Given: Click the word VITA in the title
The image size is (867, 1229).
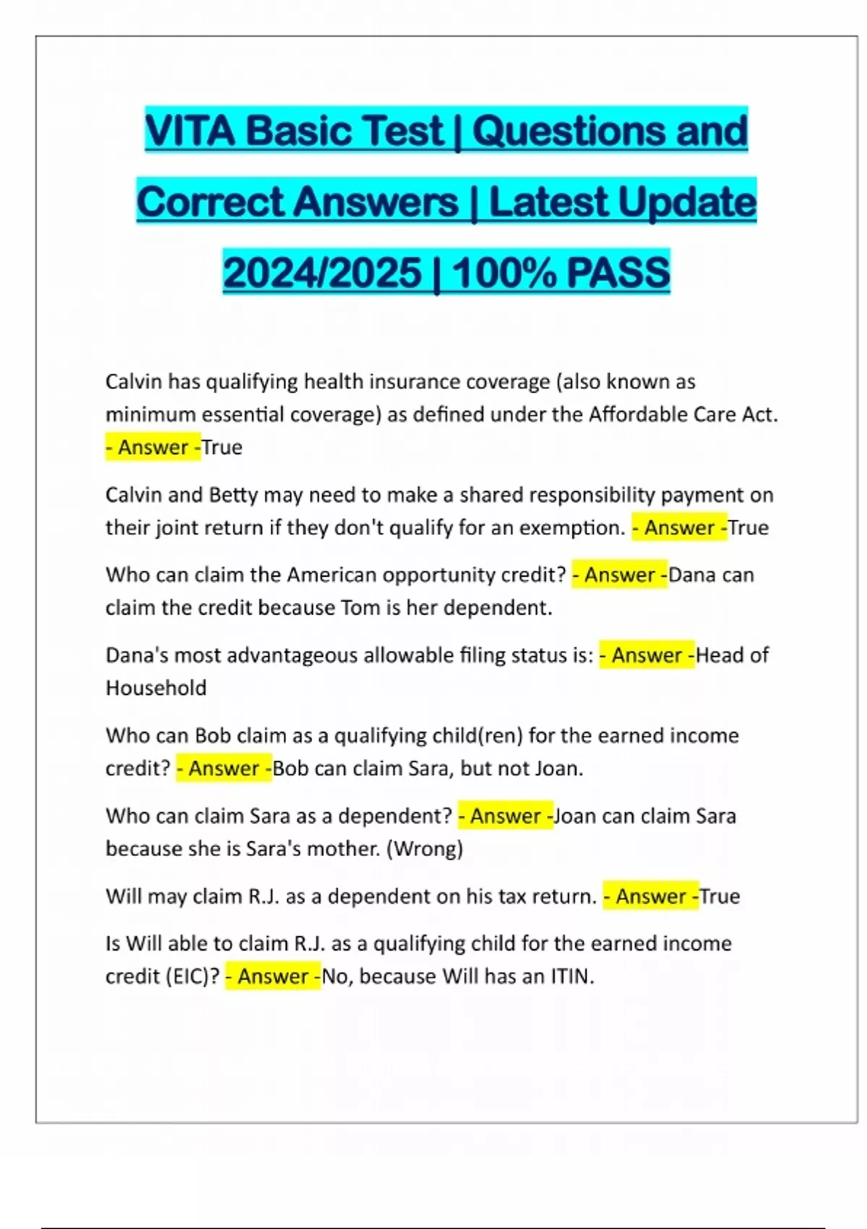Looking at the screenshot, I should pos(190,131).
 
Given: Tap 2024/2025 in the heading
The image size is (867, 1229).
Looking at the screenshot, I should pos(322,273).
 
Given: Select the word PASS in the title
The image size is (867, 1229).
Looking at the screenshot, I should pos(618,273).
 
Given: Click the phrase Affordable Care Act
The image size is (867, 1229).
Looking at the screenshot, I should pos(683,414).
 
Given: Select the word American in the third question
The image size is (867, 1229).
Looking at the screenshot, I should pos(332,575).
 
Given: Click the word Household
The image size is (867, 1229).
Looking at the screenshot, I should pos(156,688).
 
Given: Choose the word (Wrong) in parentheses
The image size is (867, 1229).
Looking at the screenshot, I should pos(425,849).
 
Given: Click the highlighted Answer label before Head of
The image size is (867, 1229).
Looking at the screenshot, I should pos(647,655).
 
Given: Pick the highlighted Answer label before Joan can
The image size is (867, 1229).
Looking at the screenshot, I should pos(505,816).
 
